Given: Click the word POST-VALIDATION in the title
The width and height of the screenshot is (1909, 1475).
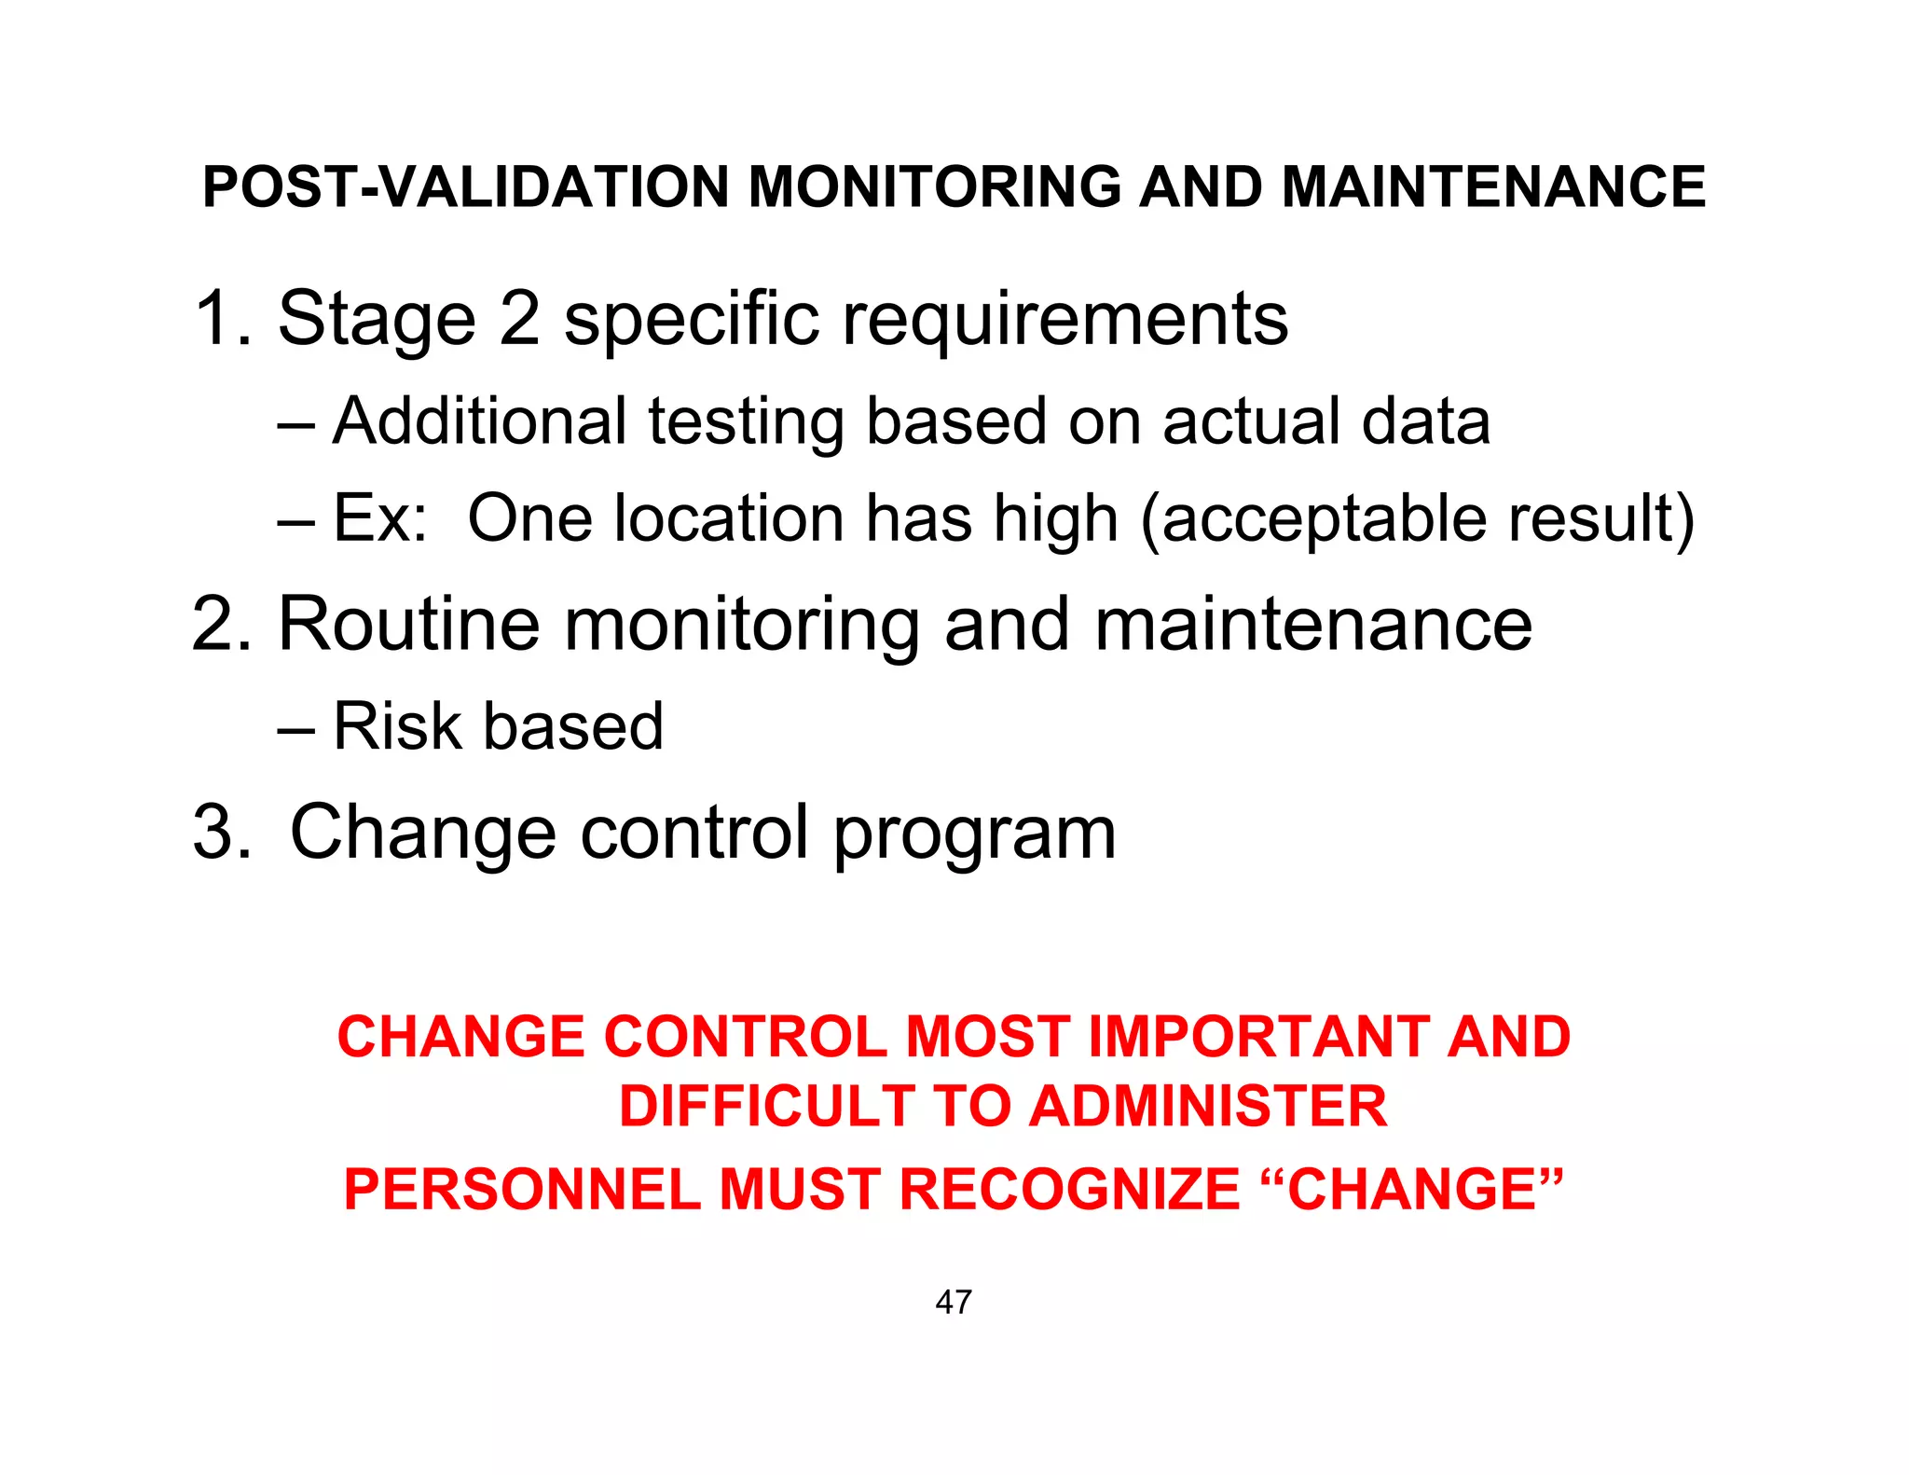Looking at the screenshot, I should (464, 186).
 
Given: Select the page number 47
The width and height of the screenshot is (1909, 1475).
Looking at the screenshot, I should (954, 1302).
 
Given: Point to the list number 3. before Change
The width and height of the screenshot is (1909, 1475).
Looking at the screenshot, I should (222, 832).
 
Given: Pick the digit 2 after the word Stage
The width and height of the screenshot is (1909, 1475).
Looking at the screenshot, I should (519, 319).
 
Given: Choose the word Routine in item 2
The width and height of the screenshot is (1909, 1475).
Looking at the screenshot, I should (408, 624).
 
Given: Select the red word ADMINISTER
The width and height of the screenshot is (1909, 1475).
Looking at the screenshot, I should (1209, 1107).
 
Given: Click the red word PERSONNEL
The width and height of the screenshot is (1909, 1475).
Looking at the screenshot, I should (522, 1190).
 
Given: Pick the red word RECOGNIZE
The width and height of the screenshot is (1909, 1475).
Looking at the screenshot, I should (1069, 1190).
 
